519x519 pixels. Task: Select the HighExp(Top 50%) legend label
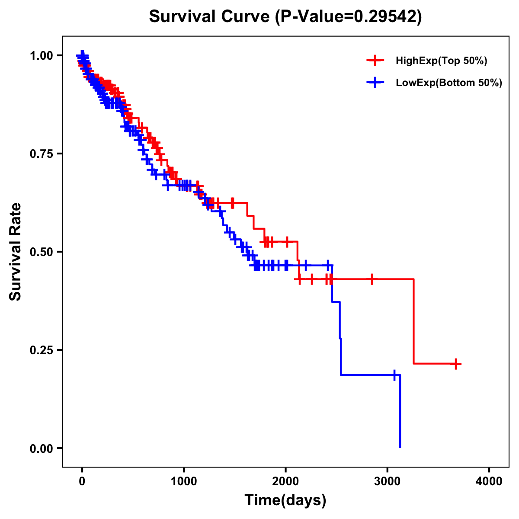point(442,61)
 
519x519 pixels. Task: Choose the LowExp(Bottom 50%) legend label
point(449,83)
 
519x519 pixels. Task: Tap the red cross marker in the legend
point(375,61)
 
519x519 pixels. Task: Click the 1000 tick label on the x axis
point(184,481)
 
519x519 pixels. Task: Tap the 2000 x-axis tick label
point(285,481)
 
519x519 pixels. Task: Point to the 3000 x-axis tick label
point(388,481)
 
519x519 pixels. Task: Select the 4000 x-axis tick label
point(489,481)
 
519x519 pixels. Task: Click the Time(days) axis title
point(285,500)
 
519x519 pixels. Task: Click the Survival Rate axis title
point(16,252)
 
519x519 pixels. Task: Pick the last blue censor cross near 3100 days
point(394,375)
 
